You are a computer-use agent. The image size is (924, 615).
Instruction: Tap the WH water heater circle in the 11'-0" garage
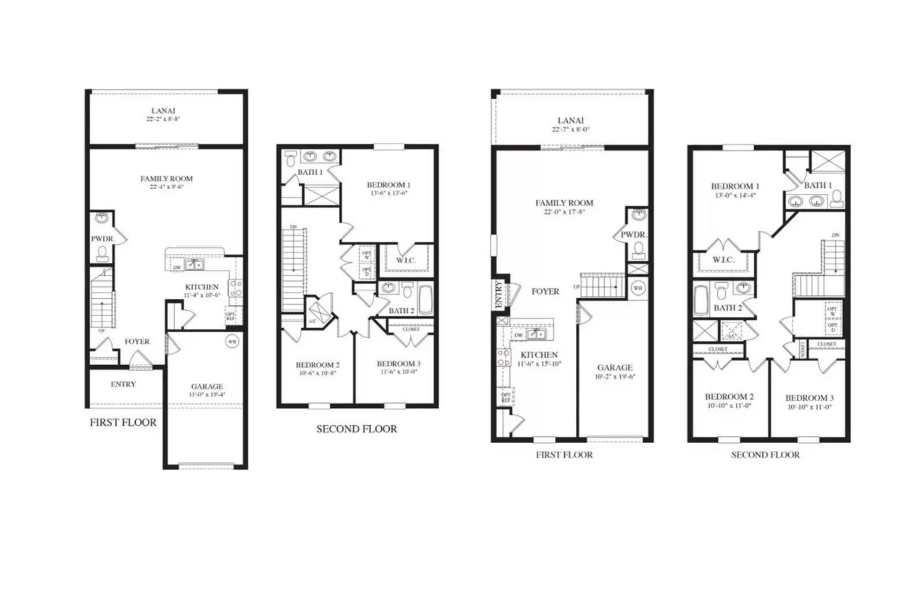point(232,342)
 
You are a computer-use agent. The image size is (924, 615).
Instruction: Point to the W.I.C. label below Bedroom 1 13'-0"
point(723,260)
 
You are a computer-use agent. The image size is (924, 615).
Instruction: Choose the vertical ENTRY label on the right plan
point(499,294)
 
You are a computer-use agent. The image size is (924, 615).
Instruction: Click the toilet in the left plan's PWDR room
point(102,253)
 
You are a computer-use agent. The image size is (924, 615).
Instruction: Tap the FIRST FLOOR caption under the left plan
point(123,422)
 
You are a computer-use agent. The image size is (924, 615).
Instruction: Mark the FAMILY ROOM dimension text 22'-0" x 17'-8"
point(564,212)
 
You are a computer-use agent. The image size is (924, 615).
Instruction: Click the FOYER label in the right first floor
point(545,291)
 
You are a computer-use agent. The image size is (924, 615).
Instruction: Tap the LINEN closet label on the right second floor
point(803,348)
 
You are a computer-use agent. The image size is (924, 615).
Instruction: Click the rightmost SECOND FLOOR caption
point(765,455)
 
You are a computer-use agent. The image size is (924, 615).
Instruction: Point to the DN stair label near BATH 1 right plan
point(835,235)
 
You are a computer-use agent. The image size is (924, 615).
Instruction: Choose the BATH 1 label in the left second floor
point(310,172)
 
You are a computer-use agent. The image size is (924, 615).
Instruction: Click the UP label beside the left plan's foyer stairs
point(101,331)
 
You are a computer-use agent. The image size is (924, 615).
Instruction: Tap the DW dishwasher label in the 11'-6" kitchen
point(518,335)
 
